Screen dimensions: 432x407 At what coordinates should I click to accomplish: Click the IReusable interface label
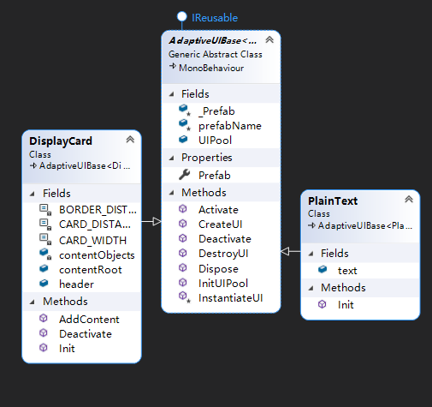tap(215, 18)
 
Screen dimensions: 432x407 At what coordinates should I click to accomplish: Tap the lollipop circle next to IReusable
tap(181, 16)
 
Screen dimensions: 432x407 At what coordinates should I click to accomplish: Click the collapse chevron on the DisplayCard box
tap(130, 140)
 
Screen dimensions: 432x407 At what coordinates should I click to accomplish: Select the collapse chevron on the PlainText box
tap(409, 199)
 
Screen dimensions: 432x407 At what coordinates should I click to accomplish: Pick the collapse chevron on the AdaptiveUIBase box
tap(269, 39)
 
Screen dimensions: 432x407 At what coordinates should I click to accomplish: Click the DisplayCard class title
tap(61, 141)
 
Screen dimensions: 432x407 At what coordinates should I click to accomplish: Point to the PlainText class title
tap(333, 201)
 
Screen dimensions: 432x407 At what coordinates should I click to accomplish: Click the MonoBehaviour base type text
tap(211, 68)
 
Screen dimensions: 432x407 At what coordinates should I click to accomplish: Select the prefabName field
tap(230, 126)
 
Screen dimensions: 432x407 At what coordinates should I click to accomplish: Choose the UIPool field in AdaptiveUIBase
tap(216, 141)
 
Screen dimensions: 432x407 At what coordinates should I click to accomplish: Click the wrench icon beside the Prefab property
tap(185, 175)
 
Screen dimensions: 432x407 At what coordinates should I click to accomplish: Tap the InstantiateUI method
tap(230, 298)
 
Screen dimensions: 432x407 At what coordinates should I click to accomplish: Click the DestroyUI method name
tap(223, 254)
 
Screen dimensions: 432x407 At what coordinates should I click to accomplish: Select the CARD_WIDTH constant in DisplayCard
tap(92, 241)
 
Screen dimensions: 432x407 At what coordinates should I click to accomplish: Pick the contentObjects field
tap(97, 255)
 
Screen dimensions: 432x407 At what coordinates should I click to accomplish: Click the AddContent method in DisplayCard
tap(89, 320)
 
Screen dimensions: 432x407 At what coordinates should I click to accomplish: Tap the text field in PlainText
tap(347, 271)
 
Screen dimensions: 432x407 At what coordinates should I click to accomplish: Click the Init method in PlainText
tap(346, 305)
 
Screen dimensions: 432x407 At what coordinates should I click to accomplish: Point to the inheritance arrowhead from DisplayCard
tap(157, 221)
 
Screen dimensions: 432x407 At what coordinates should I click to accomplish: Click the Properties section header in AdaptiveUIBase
tap(207, 158)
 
